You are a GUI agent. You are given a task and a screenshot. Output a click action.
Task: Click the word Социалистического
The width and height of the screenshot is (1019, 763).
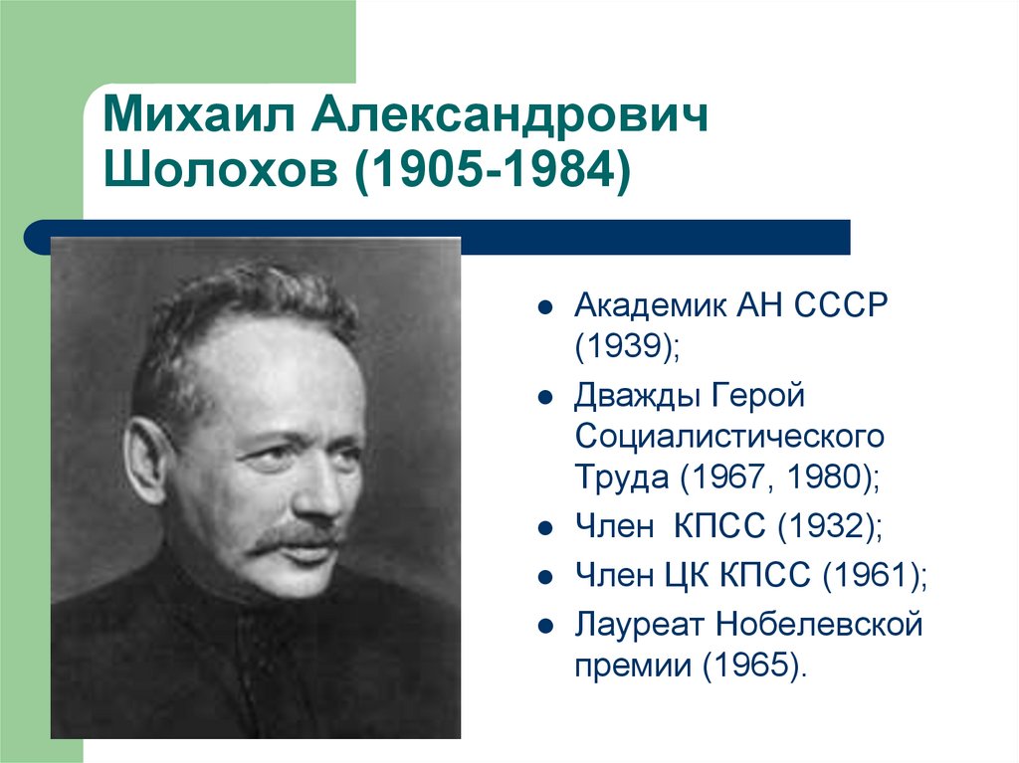[728, 436]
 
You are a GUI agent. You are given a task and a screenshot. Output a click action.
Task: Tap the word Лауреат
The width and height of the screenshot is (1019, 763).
[633, 625]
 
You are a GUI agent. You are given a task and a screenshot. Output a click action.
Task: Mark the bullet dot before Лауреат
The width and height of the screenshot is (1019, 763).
[543, 626]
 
